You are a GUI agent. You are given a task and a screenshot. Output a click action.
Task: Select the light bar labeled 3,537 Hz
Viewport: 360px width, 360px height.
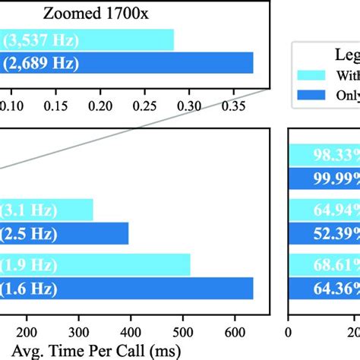click(x=87, y=39)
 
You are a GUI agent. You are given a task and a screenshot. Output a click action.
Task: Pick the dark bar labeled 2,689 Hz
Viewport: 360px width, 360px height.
click(x=126, y=62)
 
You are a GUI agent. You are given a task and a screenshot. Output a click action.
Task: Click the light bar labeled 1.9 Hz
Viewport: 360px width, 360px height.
click(x=95, y=265)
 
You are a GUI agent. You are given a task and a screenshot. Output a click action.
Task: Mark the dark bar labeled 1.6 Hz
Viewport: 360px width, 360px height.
click(x=126, y=289)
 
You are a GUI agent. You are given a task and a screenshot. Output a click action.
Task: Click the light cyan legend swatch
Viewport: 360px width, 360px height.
click(x=311, y=74)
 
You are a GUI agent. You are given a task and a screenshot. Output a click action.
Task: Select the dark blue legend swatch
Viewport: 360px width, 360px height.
click(x=311, y=94)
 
